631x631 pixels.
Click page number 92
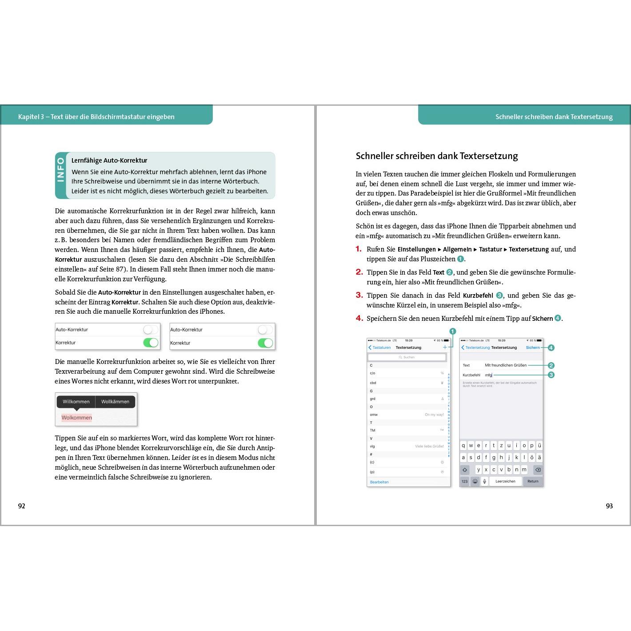point(21,506)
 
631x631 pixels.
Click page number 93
point(609,506)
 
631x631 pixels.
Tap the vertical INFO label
point(61,170)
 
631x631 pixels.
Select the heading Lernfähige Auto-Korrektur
point(109,160)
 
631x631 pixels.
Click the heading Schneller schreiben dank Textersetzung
point(437,156)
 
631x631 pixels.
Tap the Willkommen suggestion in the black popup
point(76,402)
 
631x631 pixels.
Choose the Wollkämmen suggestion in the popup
point(115,402)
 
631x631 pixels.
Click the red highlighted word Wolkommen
point(76,418)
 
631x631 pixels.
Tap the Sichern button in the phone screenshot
point(533,347)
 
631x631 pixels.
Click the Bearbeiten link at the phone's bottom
point(379,482)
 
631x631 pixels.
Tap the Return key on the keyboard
point(533,481)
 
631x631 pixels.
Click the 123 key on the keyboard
point(464,481)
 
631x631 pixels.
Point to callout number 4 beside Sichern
point(551,347)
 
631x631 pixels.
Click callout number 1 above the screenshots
point(453,331)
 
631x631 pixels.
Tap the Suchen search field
point(407,357)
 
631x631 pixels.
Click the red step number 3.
point(359,295)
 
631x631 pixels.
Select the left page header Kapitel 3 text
point(96,117)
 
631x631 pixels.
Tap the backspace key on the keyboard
point(537,470)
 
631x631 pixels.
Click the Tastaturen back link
point(380,347)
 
